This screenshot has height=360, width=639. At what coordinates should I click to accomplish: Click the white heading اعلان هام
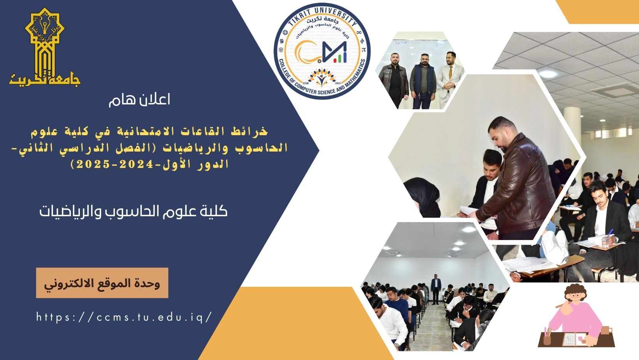point(139,100)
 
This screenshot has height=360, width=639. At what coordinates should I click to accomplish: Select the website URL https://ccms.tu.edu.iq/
point(124,317)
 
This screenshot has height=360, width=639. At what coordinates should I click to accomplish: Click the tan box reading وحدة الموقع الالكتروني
point(102,283)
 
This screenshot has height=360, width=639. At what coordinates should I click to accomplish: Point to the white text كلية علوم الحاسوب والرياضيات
point(133,212)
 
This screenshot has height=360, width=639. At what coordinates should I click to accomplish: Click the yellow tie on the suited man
point(450,73)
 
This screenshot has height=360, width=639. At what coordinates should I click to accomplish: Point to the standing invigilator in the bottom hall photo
point(436,289)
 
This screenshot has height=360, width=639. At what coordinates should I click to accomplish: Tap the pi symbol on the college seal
point(363,49)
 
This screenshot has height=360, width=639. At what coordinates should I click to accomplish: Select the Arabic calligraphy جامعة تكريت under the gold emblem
point(45,78)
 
